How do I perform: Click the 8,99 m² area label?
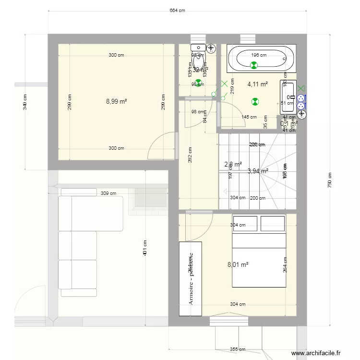116,101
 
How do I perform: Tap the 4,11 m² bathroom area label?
257,84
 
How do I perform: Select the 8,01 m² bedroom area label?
238,264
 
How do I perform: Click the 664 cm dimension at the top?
177,11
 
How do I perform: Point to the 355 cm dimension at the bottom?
238,349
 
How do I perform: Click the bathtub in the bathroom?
257,59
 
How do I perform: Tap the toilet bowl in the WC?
198,59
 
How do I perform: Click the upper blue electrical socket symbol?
301,99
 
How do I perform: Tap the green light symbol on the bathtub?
254,65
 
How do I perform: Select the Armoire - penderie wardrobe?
191,278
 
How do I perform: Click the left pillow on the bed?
245,224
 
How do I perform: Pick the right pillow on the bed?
273,224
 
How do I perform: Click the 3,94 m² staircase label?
257,170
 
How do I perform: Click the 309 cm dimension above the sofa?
108,193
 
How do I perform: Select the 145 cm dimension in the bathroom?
249,117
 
